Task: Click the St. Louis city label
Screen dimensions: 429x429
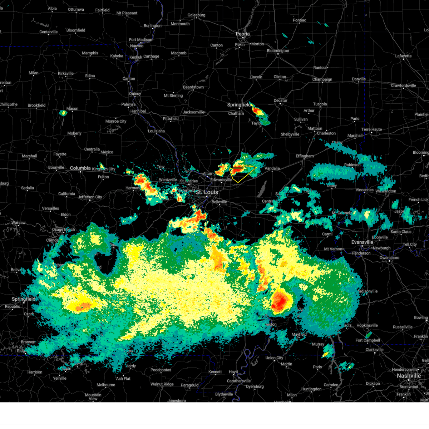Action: tap(207, 192)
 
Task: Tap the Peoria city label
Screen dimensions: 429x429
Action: tap(242, 34)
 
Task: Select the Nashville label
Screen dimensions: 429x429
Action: tap(409, 376)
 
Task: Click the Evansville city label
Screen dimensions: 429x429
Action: tap(362, 242)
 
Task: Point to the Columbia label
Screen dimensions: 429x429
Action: tap(80, 168)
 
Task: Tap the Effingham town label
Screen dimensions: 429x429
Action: tap(305, 156)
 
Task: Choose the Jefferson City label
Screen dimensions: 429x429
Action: tap(90, 197)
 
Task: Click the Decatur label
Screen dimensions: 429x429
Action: tap(280, 100)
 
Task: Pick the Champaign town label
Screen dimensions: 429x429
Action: tap(322, 79)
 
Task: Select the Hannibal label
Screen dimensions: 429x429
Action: tap(138, 111)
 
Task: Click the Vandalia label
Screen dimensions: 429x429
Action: tap(272, 168)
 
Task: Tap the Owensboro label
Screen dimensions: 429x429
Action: tap(389, 258)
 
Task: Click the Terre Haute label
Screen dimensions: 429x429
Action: tap(371, 129)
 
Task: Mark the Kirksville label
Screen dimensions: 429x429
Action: tap(66, 74)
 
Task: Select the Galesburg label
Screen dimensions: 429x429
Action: tap(196, 15)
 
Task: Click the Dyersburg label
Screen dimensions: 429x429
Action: tap(255, 386)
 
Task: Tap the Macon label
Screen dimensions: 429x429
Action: tap(72, 109)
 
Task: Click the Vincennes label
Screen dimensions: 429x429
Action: tap(364, 190)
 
